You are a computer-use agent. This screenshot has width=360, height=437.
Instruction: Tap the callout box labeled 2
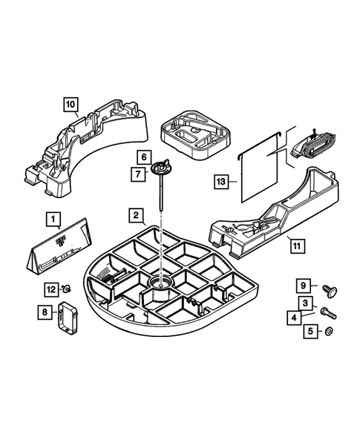pos(136,216)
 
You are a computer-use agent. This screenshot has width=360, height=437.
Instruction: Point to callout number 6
pos(144,158)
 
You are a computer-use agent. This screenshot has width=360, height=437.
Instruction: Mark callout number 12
pos(50,289)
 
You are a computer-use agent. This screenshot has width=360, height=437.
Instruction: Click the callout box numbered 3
pos(304,303)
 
